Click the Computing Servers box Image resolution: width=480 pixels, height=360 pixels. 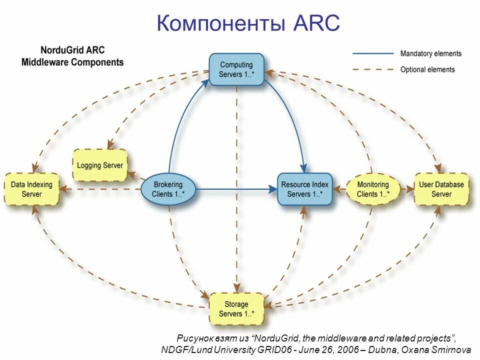pyautogui.click(x=236, y=69)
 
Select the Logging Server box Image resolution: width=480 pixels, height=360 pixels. pyautogui.click(x=100, y=165)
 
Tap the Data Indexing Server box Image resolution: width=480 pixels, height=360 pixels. pyautogui.click(x=32, y=189)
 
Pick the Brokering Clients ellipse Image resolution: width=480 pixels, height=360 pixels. pyautogui.click(x=168, y=189)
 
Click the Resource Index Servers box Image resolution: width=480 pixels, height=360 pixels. pyautogui.click(x=304, y=189)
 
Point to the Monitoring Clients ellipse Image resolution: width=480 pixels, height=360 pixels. pyautogui.click(x=373, y=189)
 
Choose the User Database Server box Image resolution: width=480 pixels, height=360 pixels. pyautogui.click(x=441, y=189)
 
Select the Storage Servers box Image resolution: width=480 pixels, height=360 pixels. pyautogui.click(x=236, y=309)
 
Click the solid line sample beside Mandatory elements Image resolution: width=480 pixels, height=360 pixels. pyautogui.click(x=373, y=53)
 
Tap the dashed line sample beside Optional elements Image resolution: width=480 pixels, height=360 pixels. pyautogui.click(x=373, y=69)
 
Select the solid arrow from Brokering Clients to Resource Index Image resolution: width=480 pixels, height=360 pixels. pyautogui.click(x=235, y=189)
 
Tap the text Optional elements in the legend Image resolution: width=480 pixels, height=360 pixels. pyautogui.click(x=427, y=69)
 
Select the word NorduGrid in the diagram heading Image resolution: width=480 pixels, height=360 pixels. pyautogui.click(x=59, y=50)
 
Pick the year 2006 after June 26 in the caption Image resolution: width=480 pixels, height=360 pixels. pyautogui.click(x=348, y=349)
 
